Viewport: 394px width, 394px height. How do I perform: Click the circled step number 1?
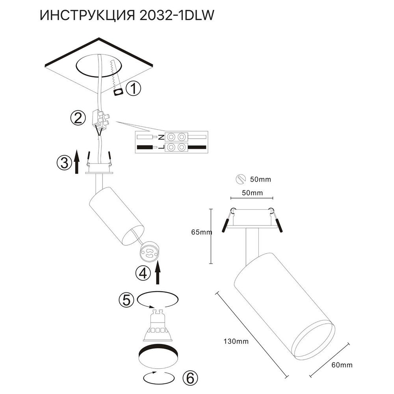coord(134,89)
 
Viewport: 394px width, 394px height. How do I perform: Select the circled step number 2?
coord(78,118)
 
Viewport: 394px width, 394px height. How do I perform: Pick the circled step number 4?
coord(143,273)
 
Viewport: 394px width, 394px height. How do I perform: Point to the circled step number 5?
coord(126,300)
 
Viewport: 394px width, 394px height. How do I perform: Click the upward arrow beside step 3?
coord(78,162)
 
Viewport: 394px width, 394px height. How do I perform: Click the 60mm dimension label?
coord(341,365)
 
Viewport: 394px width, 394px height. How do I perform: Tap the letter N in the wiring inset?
coord(161,137)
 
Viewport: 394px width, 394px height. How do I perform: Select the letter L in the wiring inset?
coord(161,147)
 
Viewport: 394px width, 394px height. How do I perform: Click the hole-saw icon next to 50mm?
coord(240,179)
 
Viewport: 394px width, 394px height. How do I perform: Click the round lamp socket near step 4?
coord(149,251)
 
